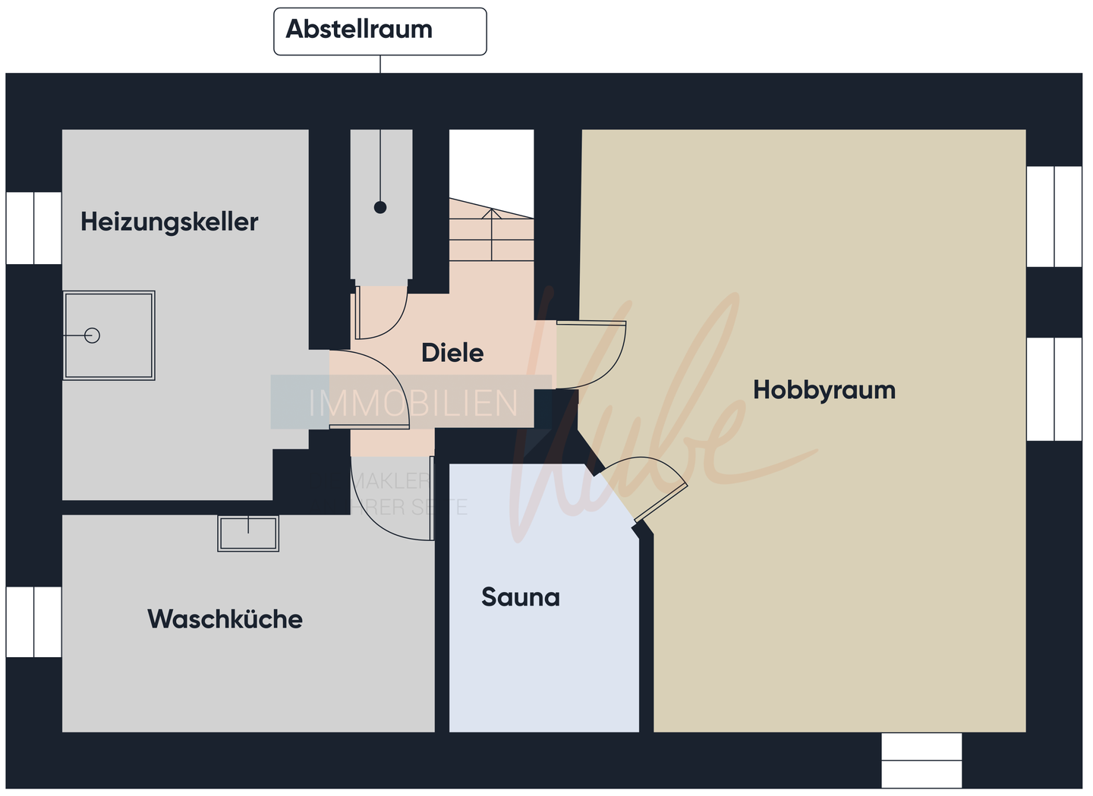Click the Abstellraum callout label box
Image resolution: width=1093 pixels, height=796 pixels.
(380, 31)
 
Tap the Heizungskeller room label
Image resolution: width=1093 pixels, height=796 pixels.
(169, 222)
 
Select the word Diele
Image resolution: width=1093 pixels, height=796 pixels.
(452, 353)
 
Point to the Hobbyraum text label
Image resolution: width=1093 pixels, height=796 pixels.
(824, 390)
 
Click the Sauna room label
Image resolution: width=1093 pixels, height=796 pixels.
(520, 597)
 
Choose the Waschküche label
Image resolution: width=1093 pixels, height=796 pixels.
(225, 619)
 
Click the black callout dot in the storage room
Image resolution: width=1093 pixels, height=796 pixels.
(380, 207)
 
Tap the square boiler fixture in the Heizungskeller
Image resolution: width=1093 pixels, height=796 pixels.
(109, 335)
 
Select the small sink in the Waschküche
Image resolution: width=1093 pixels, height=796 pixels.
(248, 533)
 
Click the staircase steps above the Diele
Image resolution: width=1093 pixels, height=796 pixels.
(491, 235)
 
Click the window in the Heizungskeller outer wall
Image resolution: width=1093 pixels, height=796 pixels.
(33, 228)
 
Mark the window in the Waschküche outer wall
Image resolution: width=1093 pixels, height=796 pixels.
(33, 621)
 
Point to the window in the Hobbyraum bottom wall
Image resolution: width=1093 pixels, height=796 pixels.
(921, 760)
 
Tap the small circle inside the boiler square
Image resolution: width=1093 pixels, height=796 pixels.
(93, 335)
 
